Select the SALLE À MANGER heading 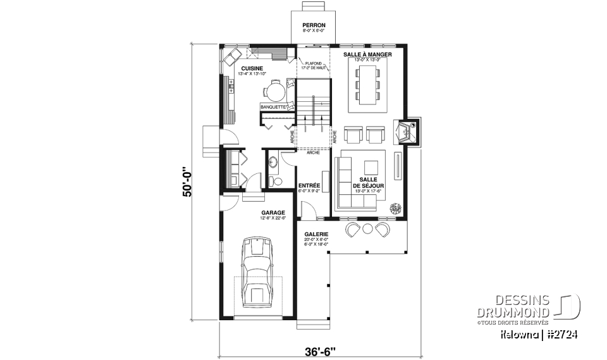367,55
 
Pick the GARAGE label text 273,213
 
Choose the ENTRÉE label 309,185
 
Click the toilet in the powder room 274,182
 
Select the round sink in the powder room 273,163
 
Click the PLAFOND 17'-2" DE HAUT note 312,65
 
